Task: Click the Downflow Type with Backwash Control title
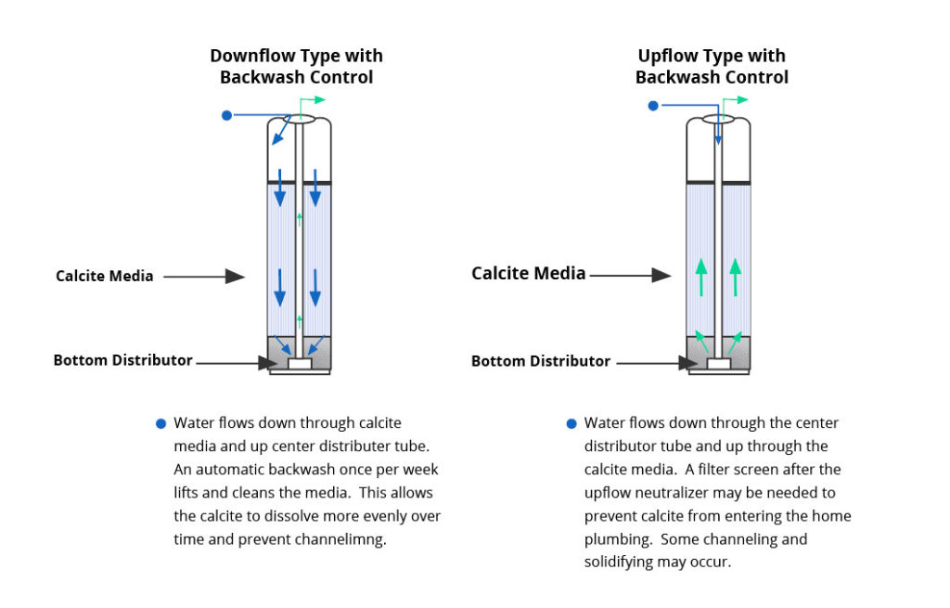click(x=296, y=67)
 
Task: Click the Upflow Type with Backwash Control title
click(x=712, y=67)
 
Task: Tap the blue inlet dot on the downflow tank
click(x=225, y=115)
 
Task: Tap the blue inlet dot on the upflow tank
click(x=653, y=106)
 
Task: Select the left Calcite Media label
click(x=104, y=276)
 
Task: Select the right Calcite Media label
click(x=528, y=274)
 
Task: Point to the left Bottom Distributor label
click(x=122, y=360)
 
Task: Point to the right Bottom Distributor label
click(x=541, y=361)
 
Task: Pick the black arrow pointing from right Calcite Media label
click(x=630, y=275)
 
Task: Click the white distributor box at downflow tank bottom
click(x=300, y=365)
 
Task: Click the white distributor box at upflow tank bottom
click(x=718, y=365)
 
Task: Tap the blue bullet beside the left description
click(x=160, y=424)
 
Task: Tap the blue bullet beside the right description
click(x=571, y=424)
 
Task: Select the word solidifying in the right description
click(x=624, y=563)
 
